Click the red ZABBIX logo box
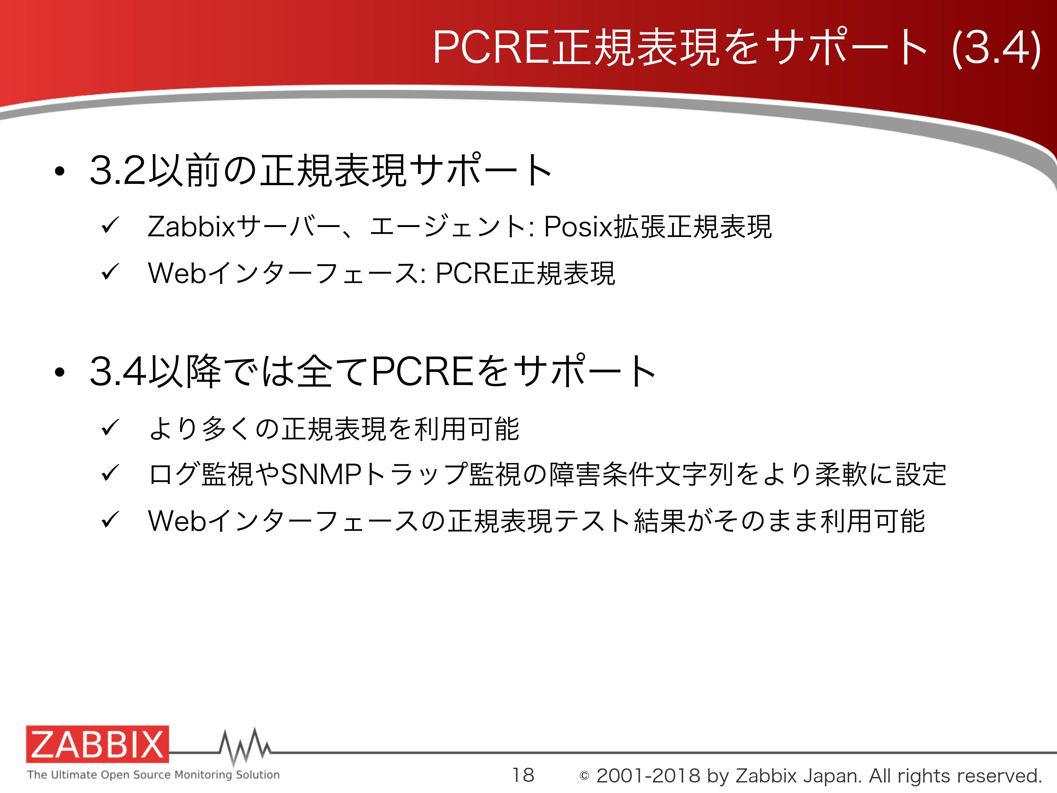[98, 744]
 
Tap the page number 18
[523, 775]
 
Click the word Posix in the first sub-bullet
[578, 226]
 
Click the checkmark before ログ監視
[110, 474]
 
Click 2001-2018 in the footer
[649, 775]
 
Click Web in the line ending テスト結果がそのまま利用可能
[177, 521]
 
